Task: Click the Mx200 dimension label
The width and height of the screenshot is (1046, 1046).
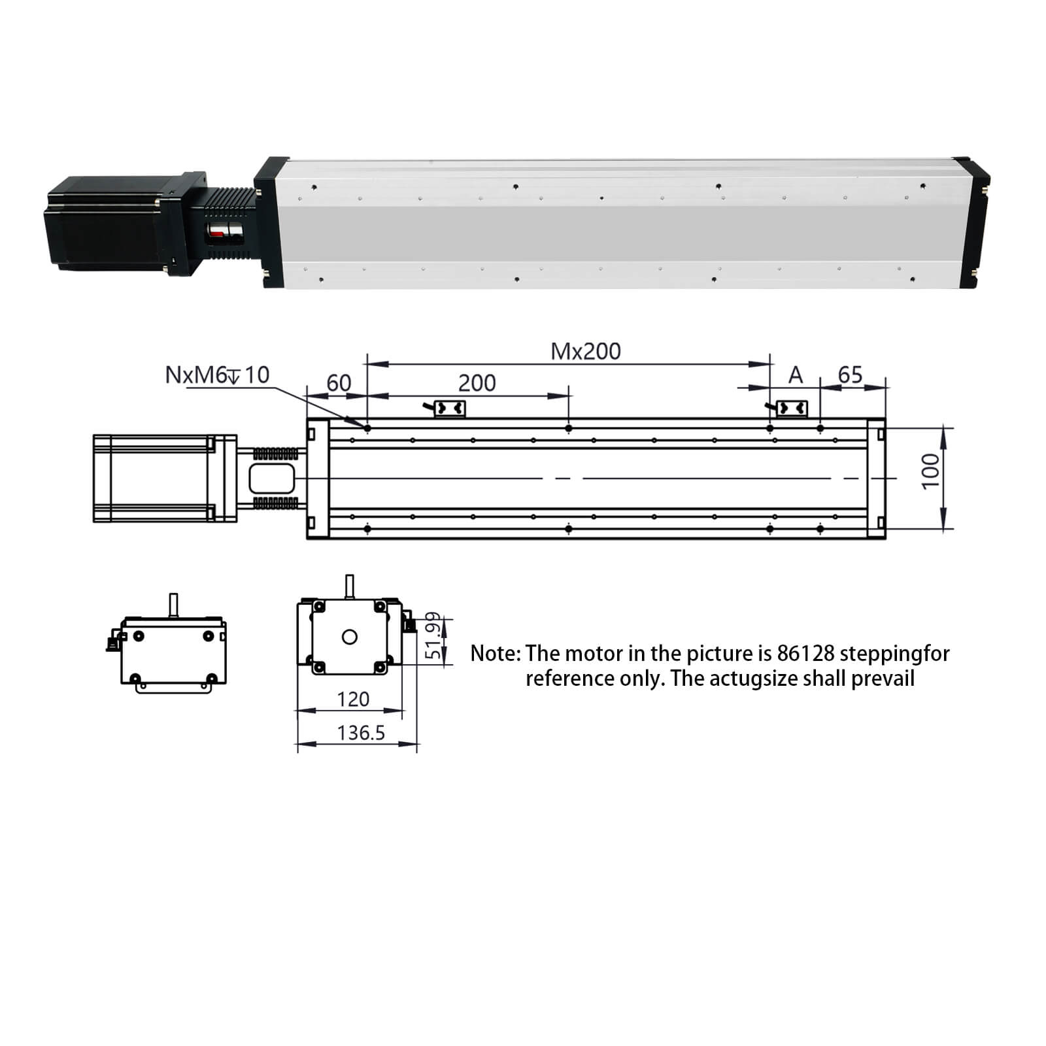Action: coord(586,351)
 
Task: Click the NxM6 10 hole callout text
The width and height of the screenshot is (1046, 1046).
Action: coord(217,375)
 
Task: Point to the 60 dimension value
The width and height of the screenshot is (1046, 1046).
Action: coord(339,382)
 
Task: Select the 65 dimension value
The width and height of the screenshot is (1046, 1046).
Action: coord(851,375)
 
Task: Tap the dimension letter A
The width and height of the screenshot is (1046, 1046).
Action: coord(795,375)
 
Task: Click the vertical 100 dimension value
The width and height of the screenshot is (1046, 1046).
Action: coord(930,470)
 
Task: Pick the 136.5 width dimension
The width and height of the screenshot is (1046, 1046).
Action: coord(361,733)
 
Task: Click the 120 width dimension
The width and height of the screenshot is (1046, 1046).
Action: coord(353,699)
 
